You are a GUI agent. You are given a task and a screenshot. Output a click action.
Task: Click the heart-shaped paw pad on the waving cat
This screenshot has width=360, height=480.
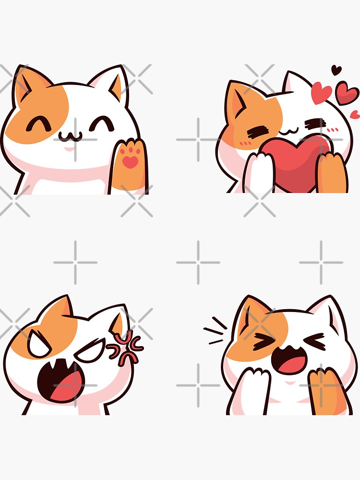pyautogui.click(x=130, y=162)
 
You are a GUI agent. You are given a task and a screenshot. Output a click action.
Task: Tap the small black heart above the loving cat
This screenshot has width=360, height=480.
pyautogui.click(x=336, y=70)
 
